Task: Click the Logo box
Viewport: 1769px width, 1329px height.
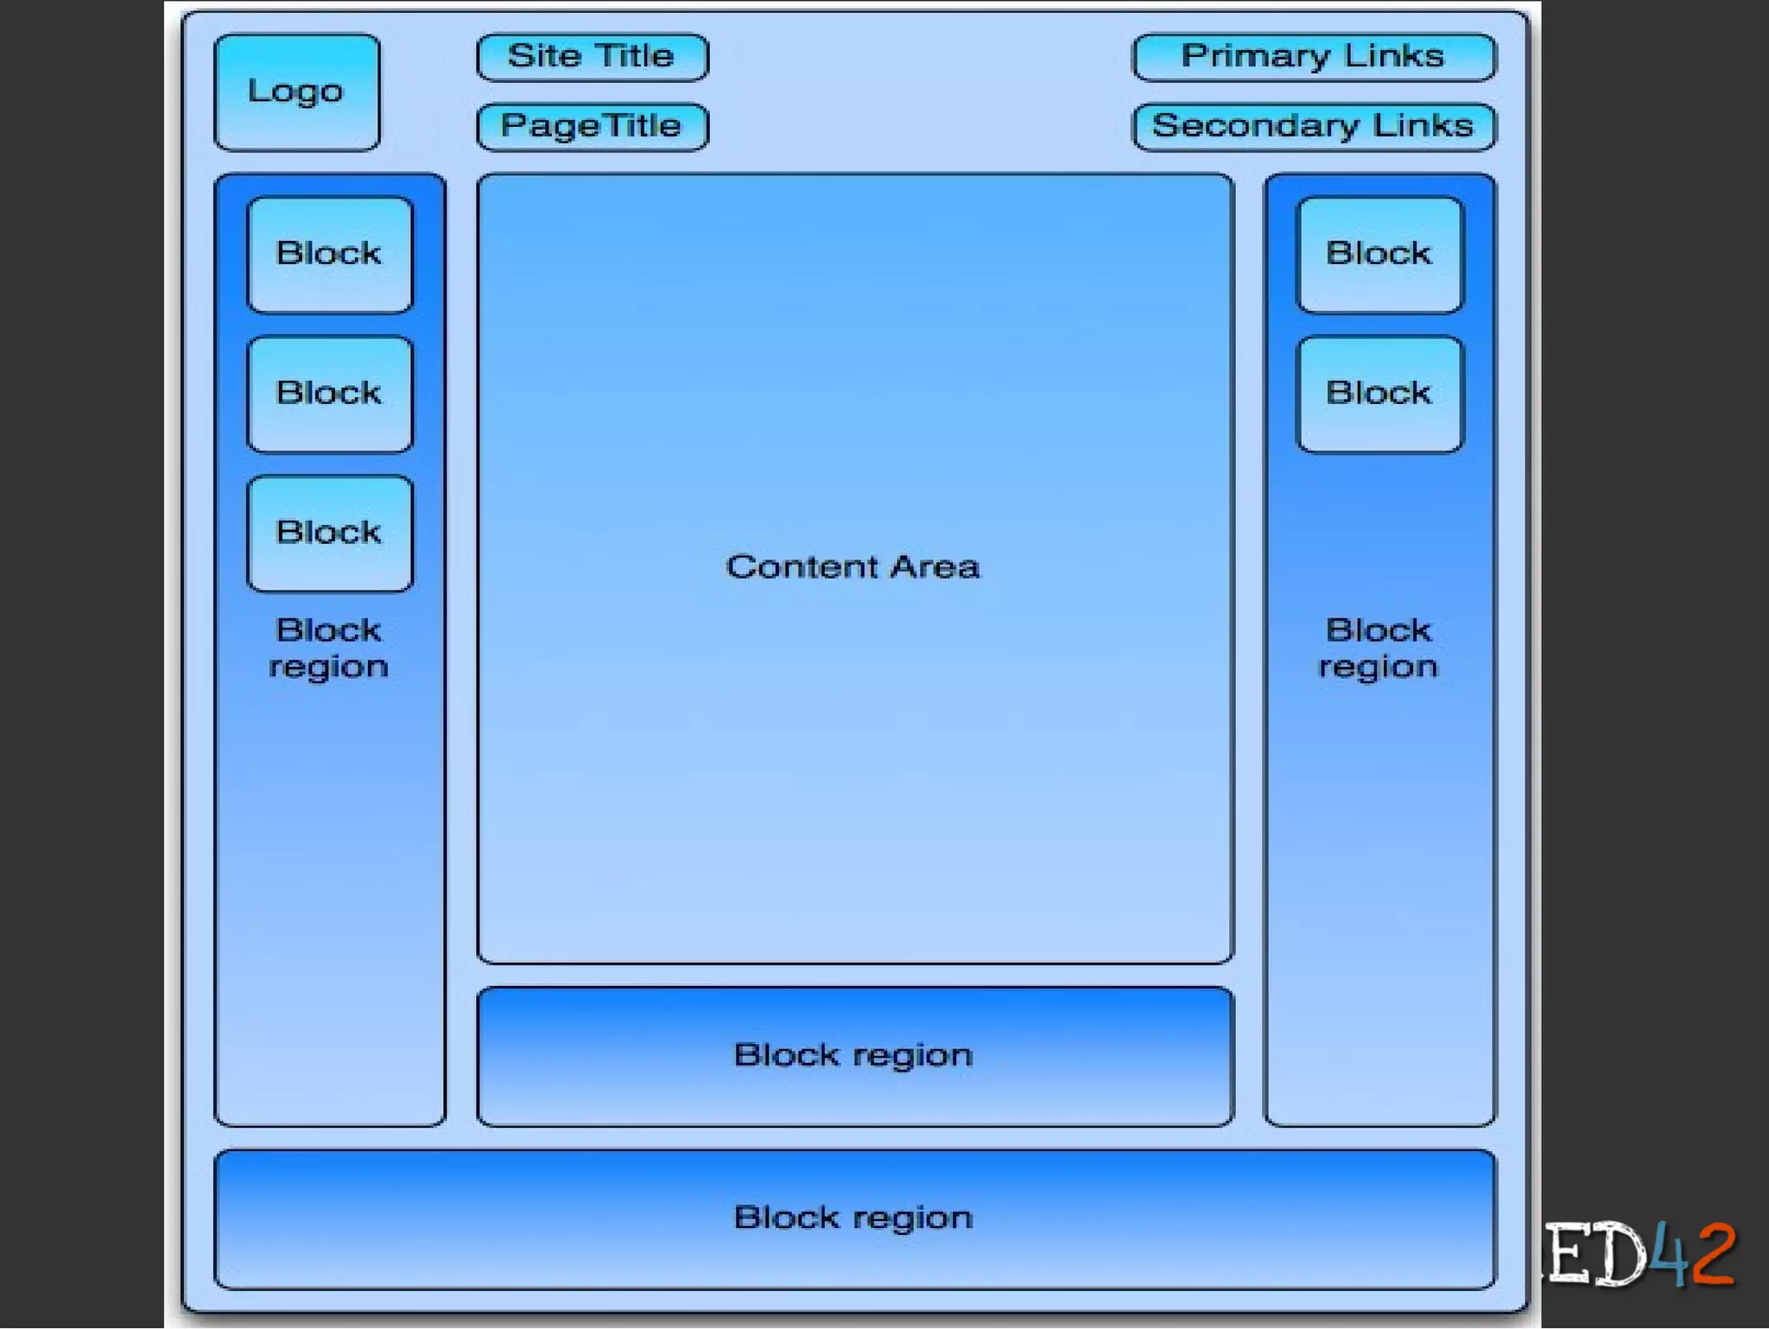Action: click(296, 92)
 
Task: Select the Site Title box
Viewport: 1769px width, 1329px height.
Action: click(592, 57)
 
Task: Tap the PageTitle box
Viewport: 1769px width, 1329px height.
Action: click(592, 127)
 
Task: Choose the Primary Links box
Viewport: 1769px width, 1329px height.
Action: click(1313, 57)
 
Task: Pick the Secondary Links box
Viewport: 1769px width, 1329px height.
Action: click(1313, 127)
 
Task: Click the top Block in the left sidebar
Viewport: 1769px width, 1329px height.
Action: click(329, 255)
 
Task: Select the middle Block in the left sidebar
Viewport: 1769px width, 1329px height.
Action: click(329, 394)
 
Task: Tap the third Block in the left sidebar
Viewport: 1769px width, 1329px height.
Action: click(329, 533)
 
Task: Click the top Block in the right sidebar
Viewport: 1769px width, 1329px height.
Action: click(1379, 255)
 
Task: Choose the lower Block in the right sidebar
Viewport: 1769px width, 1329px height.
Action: click(1379, 394)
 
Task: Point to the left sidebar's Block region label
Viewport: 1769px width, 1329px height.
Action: click(329, 649)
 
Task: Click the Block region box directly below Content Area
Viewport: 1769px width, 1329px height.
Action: click(854, 1056)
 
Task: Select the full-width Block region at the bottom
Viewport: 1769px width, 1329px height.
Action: click(854, 1218)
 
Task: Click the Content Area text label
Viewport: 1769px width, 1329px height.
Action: click(853, 567)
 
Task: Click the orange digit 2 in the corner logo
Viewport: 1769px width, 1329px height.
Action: click(1714, 1253)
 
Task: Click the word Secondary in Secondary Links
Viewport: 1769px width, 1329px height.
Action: click(1255, 127)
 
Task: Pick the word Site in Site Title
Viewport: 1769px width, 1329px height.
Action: click(544, 57)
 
